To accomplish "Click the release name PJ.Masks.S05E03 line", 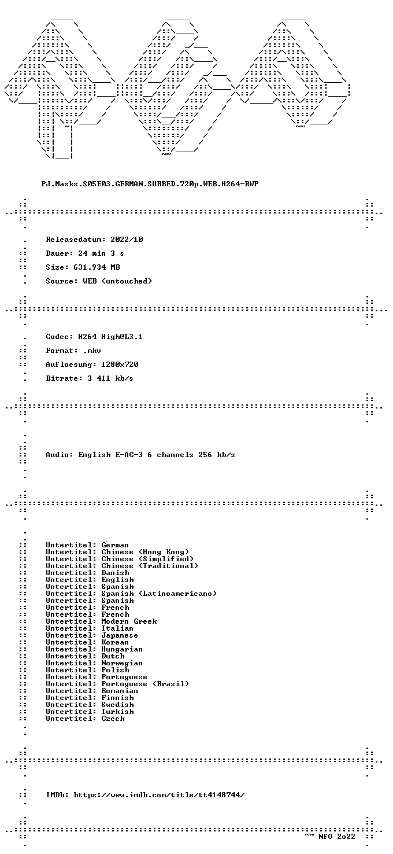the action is click(x=150, y=184).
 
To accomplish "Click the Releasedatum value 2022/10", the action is click(x=127, y=240).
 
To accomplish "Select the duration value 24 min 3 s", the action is click(x=101, y=253).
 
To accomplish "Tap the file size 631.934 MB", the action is click(x=97, y=267).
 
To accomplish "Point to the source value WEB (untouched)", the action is click(x=117, y=281).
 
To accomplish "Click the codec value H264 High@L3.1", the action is click(x=110, y=337).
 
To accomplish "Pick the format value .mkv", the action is click(x=92, y=351).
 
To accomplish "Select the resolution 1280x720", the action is click(x=120, y=365).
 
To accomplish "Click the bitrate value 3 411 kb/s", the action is click(x=110, y=378).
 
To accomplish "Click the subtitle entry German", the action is click(x=115, y=545).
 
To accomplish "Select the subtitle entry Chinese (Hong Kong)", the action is click(x=145, y=552).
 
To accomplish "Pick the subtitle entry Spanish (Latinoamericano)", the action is click(x=159, y=594).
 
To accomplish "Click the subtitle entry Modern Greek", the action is click(x=129, y=621).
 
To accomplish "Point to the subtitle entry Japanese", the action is click(x=120, y=635).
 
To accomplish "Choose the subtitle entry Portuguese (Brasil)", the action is click(x=145, y=684).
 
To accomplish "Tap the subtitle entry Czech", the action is click(x=113, y=719).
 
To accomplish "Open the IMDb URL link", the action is click(x=159, y=795).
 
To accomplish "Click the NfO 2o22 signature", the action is click(x=336, y=837).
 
